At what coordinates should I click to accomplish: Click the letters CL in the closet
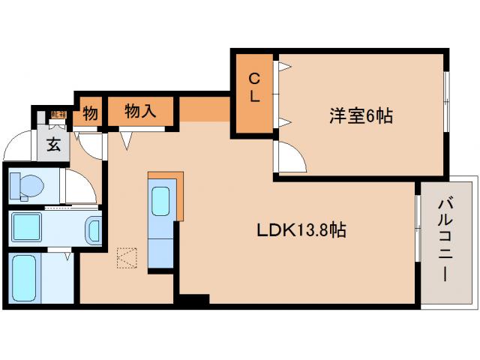pyautogui.click(x=255, y=87)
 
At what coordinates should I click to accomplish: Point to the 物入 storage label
pyautogui.click(x=140, y=112)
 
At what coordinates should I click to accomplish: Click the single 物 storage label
pyautogui.click(x=90, y=114)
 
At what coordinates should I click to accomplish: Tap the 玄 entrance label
pyautogui.click(x=54, y=144)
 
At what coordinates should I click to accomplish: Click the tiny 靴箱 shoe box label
pyautogui.click(x=58, y=115)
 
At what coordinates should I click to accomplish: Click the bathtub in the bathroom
pyautogui.click(x=27, y=279)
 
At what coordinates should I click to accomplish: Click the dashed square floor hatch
pyautogui.click(x=127, y=258)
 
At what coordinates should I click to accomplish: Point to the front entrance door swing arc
pyautogui.click(x=16, y=145)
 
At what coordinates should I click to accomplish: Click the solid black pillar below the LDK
pyautogui.click(x=192, y=299)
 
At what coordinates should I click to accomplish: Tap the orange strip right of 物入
pyautogui.click(x=203, y=109)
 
